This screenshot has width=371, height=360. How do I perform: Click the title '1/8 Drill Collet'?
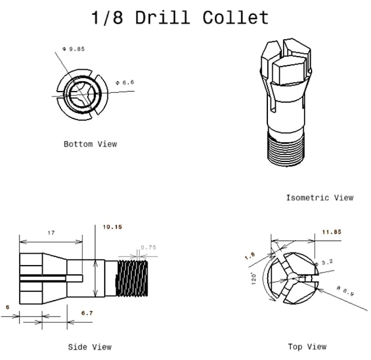coord(180,17)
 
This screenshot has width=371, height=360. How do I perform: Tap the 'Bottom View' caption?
coord(90,144)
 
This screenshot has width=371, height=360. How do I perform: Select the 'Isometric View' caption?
coord(320,197)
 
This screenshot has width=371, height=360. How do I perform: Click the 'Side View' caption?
coord(89,346)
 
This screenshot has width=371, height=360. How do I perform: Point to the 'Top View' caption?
coord(307,346)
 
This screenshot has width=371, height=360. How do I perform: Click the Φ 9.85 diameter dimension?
coord(74,49)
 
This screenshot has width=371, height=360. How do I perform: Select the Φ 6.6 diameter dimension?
coord(124,83)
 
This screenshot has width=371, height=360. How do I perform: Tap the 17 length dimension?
coord(51,233)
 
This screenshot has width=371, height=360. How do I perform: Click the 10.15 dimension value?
coord(112,227)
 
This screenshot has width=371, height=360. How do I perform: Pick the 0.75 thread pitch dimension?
coord(148,248)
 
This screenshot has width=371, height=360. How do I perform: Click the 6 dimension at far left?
coord(8,307)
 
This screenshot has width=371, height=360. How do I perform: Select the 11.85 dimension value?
coord(331,232)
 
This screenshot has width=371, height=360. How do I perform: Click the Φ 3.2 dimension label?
coord(325,262)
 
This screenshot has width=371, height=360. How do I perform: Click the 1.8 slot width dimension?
coord(250,256)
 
